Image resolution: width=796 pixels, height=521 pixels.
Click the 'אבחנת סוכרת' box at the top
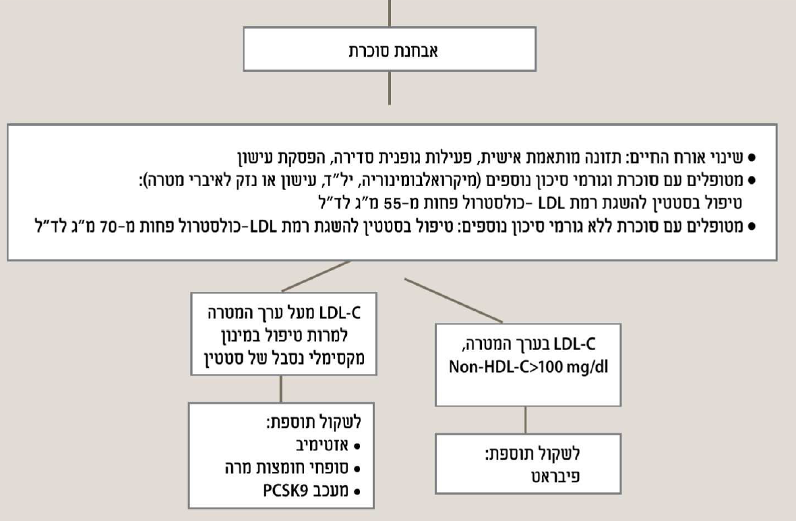click(x=390, y=50)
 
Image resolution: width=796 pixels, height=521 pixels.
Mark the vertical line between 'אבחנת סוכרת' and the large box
click(x=390, y=88)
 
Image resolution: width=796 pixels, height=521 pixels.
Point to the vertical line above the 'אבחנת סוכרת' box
click(x=390, y=12)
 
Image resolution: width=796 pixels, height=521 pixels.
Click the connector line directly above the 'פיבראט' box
click(x=526, y=422)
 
